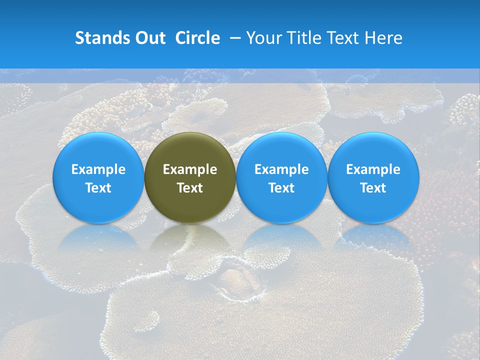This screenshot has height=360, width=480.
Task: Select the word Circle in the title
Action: coord(197,38)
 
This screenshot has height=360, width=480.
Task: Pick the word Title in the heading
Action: coord(300,38)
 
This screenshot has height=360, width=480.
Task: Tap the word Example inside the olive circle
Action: coord(190,169)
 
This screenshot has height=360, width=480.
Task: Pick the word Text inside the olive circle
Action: coord(190,188)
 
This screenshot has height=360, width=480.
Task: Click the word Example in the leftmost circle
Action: coord(98,169)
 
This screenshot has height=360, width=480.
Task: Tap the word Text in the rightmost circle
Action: coord(373,188)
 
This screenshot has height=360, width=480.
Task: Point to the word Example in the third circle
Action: coord(281,169)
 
